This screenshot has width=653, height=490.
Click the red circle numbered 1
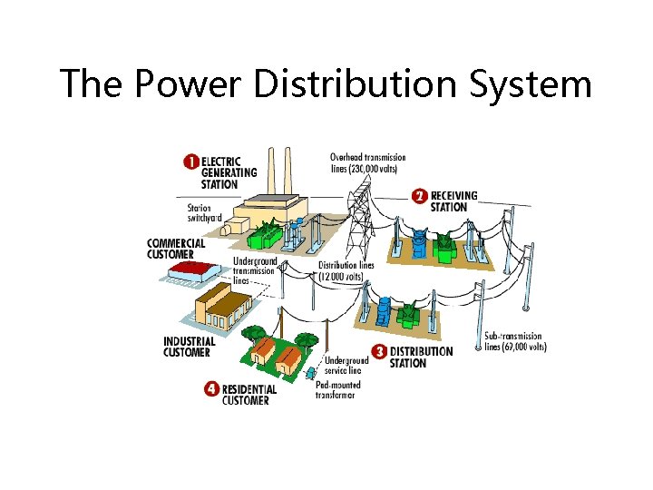(190, 162)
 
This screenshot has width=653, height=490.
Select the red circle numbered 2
(419, 195)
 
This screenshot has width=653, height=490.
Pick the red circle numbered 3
(379, 351)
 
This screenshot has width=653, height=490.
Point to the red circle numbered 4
(211, 389)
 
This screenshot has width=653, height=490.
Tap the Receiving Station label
(454, 201)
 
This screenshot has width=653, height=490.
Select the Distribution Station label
(421, 357)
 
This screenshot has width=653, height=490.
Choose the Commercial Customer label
(176, 248)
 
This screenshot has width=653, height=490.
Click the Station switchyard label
(196, 212)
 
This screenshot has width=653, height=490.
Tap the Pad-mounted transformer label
(337, 390)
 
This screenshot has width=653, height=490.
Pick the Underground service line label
(343, 366)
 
